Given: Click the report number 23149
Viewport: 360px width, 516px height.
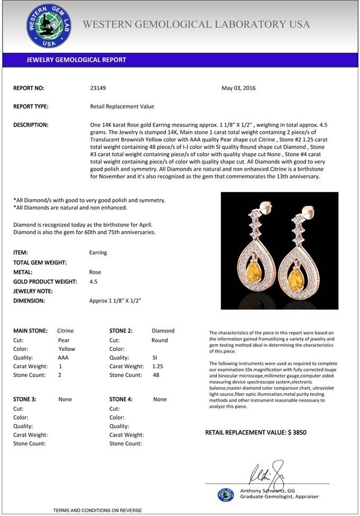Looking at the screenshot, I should pos(98,88).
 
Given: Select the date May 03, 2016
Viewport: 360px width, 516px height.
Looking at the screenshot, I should pos(238,88).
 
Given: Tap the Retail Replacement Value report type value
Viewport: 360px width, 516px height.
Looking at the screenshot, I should pos(122,106).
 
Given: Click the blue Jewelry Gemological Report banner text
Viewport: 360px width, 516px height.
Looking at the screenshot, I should pos(76,60).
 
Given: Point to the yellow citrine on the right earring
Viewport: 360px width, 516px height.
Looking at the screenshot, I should pos(295,276).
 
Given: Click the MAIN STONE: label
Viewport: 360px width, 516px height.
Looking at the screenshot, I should pos(30,331).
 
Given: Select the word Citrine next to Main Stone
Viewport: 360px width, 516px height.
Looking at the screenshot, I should pos(66,331).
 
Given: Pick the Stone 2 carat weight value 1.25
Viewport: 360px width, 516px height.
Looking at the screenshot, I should pos(158,366).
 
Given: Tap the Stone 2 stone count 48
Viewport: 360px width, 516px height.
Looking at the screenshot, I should pos(156,375).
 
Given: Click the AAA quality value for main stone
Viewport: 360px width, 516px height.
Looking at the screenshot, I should pos(63,358).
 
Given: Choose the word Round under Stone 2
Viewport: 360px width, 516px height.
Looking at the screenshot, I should pos(159,340).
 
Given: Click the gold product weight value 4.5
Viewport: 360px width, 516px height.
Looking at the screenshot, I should pos(94,282).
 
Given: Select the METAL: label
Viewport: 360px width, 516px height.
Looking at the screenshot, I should pos(23,272).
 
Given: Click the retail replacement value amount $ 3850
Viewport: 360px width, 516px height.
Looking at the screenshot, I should pos(297,432).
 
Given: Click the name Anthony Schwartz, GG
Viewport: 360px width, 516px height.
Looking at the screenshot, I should pos(267,491).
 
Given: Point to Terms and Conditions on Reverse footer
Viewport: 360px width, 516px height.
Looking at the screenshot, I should pos(97,510).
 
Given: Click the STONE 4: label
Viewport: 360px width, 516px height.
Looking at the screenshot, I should pos(121,399).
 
